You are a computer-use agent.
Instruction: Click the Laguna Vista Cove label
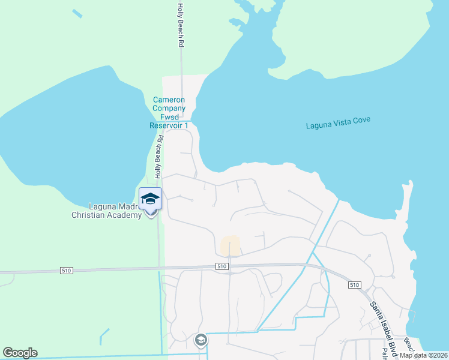pyautogui.click(x=338, y=123)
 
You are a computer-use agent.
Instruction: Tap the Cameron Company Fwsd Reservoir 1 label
pyautogui.click(x=169, y=112)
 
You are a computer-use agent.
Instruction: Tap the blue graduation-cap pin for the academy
pyautogui.click(x=150, y=199)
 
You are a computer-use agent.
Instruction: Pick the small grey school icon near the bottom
pyautogui.click(x=200, y=341)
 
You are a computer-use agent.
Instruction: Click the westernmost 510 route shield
pyautogui.click(x=66, y=271)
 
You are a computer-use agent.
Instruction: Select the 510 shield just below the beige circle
pyautogui.click(x=221, y=266)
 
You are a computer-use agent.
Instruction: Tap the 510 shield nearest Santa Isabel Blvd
pyautogui.click(x=354, y=285)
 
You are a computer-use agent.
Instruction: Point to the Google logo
pyautogui.click(x=20, y=353)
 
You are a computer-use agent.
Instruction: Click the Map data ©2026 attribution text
pyautogui.click(x=423, y=355)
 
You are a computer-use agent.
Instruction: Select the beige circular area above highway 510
pyautogui.click(x=231, y=246)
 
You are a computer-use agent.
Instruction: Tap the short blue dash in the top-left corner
pyautogui.click(x=77, y=13)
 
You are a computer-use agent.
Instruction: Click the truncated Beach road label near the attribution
pyautogui.click(x=408, y=344)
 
